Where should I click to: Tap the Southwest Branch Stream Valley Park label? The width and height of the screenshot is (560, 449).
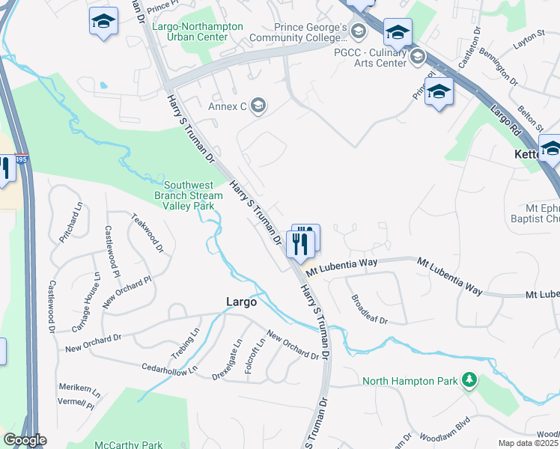(189, 195)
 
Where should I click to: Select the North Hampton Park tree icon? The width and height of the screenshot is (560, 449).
(469, 381)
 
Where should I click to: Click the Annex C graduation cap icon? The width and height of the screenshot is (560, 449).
(259, 106)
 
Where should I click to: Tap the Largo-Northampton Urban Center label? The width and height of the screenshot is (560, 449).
(197, 31)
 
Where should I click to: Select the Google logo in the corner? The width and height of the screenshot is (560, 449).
(24, 440)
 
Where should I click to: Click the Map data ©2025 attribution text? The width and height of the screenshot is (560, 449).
(529, 443)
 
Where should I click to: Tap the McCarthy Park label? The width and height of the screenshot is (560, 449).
(128, 445)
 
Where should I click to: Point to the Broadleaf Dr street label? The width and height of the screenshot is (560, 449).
(369, 309)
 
